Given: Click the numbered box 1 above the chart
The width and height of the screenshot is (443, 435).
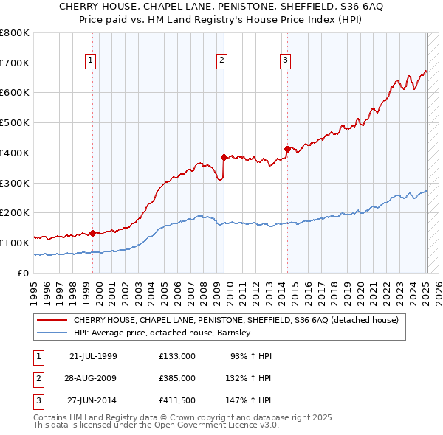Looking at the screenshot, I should [x=90, y=61].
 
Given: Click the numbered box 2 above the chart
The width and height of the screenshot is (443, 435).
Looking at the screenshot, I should [x=221, y=61].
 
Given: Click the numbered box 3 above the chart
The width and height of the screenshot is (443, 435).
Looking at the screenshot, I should [x=285, y=61].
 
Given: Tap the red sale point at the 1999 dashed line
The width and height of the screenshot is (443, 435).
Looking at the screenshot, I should [x=92, y=233].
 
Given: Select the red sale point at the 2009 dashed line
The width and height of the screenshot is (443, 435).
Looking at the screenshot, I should [x=224, y=157].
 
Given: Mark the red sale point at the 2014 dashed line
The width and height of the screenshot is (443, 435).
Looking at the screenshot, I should [x=286, y=149].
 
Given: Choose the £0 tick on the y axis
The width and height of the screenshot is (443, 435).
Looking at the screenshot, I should [x=24, y=273].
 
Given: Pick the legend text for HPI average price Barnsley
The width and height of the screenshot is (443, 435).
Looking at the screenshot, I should [x=162, y=333].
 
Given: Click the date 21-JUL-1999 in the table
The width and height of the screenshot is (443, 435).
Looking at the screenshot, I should [x=93, y=356].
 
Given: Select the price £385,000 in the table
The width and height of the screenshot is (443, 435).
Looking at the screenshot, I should [x=176, y=377].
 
